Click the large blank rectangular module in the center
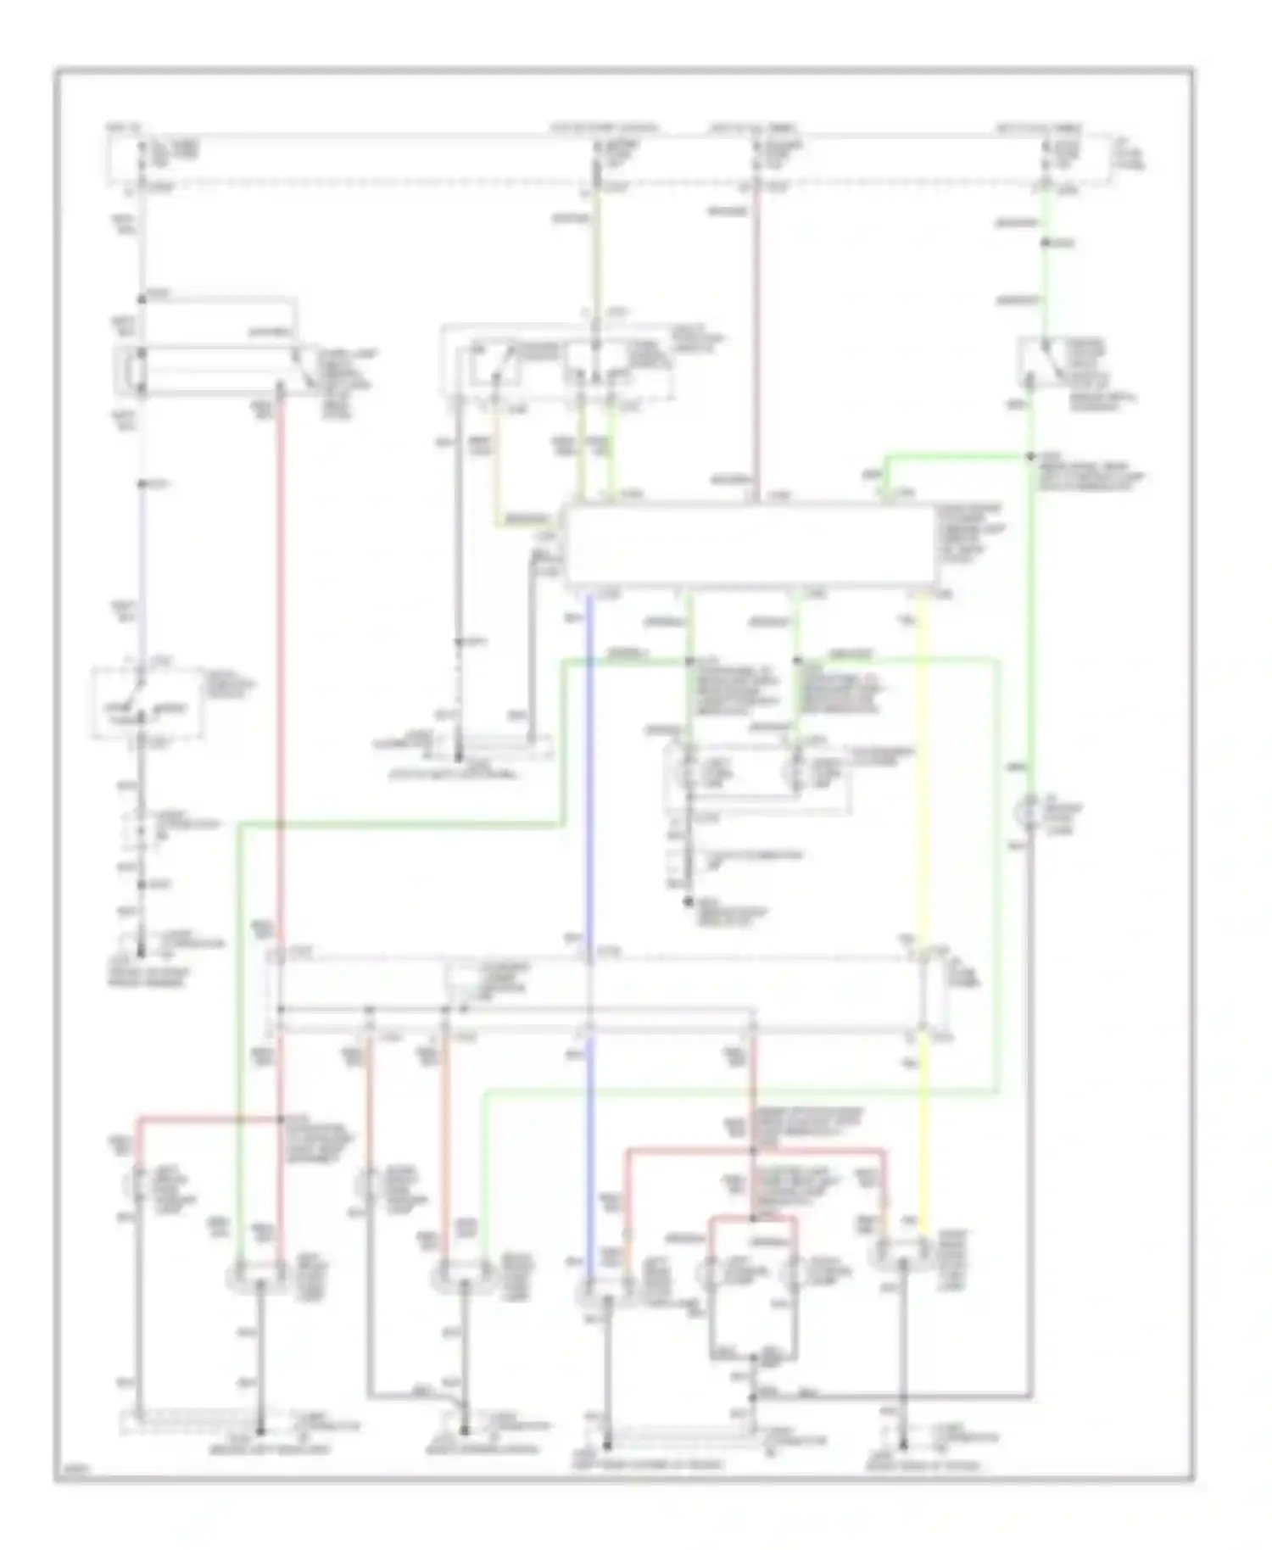(750, 544)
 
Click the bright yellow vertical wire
(922, 763)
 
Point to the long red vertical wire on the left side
(281, 678)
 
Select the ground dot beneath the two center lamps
(689, 900)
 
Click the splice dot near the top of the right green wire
(1046, 243)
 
